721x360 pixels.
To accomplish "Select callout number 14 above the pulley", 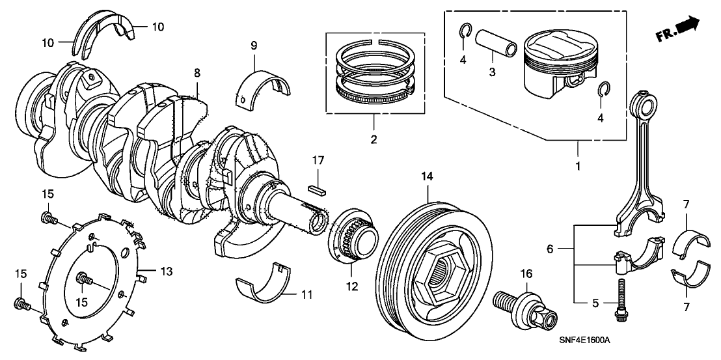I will (426, 175).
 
